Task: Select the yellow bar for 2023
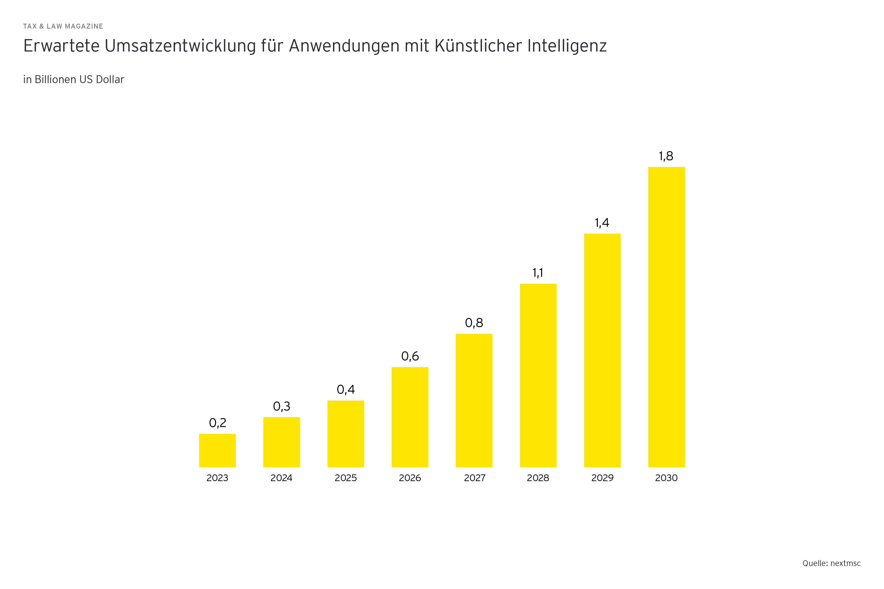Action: (217, 450)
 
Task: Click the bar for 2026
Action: (410, 417)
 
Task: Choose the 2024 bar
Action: (282, 442)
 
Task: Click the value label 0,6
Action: (410, 356)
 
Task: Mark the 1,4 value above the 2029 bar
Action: (602, 223)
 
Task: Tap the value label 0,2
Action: (217, 423)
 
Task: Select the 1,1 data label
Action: (538, 273)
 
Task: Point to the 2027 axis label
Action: (474, 478)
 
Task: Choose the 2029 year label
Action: (602, 478)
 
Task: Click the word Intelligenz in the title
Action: (567, 46)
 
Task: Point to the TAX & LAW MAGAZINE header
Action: (63, 26)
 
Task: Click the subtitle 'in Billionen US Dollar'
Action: (74, 80)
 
